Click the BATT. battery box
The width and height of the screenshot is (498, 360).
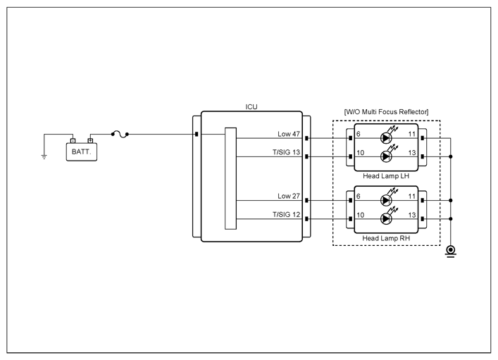click(x=82, y=152)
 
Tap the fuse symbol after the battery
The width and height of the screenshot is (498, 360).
click(x=120, y=135)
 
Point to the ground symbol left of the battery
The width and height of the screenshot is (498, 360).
click(x=44, y=156)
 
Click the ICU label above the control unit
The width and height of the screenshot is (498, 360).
click(x=251, y=107)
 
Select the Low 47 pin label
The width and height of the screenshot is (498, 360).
click(x=289, y=134)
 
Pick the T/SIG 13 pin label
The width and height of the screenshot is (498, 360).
click(x=286, y=152)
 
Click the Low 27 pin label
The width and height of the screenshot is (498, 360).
click(x=289, y=196)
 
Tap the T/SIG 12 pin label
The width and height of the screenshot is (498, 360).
click(x=286, y=214)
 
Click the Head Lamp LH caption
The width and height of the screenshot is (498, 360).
click(x=386, y=176)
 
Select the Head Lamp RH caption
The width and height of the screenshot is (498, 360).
click(x=386, y=238)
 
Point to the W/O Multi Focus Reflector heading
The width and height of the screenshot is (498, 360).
click(x=386, y=112)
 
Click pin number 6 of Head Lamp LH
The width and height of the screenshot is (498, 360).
click(x=359, y=134)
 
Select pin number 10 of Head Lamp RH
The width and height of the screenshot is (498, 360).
click(x=360, y=215)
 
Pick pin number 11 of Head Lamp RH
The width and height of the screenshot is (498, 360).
click(x=412, y=196)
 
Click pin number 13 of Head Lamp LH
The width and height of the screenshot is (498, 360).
click(x=412, y=152)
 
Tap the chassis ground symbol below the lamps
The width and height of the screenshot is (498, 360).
click(x=450, y=251)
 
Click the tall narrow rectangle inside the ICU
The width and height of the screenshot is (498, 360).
click(x=230, y=178)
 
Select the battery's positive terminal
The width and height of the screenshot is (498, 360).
click(x=91, y=140)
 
